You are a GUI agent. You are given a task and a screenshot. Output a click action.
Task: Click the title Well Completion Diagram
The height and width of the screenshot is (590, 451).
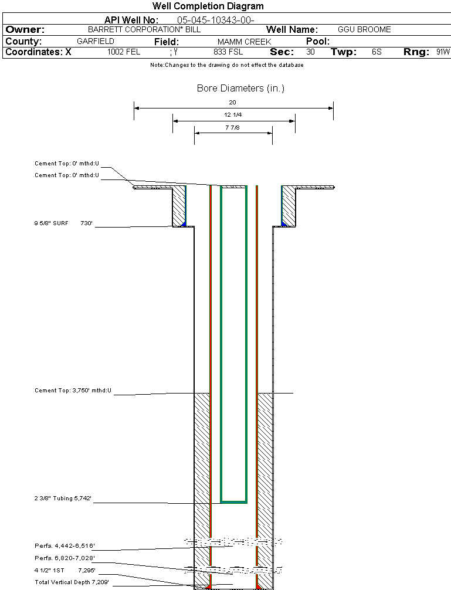tap(208, 6)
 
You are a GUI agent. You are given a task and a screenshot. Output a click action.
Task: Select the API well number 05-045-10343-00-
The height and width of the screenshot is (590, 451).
tap(215, 20)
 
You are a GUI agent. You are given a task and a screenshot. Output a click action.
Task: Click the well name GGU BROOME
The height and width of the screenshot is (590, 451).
tap(364, 29)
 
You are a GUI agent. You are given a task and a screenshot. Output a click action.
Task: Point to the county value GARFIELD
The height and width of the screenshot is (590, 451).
tap(96, 42)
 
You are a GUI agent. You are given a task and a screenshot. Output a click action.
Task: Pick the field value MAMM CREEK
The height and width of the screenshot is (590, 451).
tap(244, 42)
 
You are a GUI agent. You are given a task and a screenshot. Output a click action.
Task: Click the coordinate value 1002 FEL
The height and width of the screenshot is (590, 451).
tap(124, 52)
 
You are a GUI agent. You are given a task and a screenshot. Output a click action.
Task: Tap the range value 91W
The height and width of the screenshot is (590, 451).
tap(443, 52)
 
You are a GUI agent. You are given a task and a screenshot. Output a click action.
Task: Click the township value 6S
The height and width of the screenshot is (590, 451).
tap(377, 52)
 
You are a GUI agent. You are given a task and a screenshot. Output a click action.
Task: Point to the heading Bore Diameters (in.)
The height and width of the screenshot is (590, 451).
tap(240, 89)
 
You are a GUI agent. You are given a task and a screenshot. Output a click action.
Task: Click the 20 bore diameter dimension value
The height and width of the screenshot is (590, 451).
tap(233, 102)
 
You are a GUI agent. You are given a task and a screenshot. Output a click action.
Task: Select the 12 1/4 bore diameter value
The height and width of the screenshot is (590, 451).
tap(233, 115)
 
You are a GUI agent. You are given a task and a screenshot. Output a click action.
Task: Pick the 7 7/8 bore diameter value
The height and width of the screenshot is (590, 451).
tap(233, 127)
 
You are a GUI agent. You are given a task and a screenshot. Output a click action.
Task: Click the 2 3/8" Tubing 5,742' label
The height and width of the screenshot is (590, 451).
tap(63, 499)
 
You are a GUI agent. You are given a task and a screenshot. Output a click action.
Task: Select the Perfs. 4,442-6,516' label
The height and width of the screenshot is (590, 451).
tap(65, 546)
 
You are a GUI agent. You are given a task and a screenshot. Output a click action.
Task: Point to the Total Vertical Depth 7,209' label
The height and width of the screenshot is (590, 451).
tap(72, 582)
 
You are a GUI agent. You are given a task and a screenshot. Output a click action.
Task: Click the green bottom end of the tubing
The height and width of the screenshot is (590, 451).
tap(233, 502)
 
